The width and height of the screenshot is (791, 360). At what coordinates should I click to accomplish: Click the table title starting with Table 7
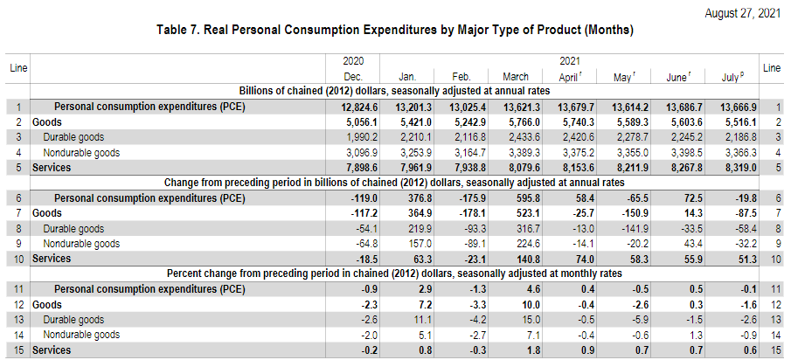pyautogui.click(x=394, y=30)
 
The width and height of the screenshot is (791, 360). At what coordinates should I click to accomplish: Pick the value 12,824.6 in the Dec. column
pyautogui.click(x=358, y=107)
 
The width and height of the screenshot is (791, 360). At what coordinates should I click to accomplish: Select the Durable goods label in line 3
pyautogui.click(x=73, y=137)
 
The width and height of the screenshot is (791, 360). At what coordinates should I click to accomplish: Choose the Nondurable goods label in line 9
pyautogui.click(x=80, y=243)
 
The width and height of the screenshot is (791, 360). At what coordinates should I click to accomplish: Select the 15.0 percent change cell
pyautogui.click(x=518, y=320)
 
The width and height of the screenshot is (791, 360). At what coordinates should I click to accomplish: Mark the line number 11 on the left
pyautogui.click(x=17, y=288)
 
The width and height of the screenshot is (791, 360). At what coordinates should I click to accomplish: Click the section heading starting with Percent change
pyautogui.click(x=394, y=273)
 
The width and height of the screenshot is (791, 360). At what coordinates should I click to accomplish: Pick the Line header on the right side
pyautogui.click(x=772, y=68)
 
